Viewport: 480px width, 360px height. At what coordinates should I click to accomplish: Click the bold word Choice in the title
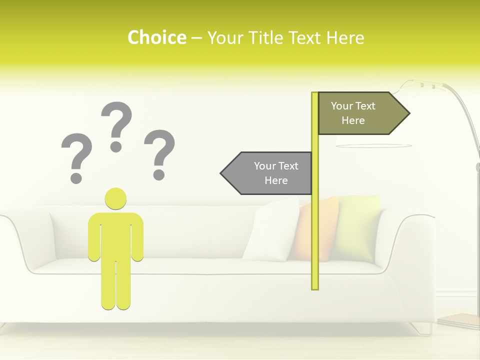click(x=156, y=37)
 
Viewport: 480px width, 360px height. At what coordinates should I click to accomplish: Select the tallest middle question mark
click(x=116, y=125)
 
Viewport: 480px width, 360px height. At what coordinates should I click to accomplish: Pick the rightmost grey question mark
click(x=159, y=152)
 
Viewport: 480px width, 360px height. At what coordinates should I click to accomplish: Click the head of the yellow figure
click(x=115, y=198)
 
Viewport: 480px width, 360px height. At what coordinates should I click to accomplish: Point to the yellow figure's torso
click(x=115, y=235)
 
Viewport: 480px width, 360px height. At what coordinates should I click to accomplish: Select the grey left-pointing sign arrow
click(x=267, y=173)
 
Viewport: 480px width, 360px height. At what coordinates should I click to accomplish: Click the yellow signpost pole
click(x=315, y=225)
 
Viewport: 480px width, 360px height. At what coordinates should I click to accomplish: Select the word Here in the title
click(x=345, y=37)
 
